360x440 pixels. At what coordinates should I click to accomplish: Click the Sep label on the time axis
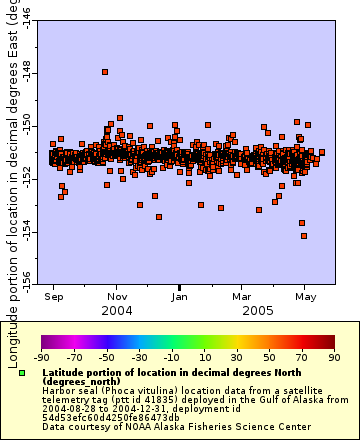[x=55, y=297]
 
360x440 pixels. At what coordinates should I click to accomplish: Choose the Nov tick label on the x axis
[x=117, y=297]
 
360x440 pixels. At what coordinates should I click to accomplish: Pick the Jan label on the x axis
[x=180, y=297]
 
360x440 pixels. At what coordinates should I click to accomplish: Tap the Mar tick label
[x=241, y=297]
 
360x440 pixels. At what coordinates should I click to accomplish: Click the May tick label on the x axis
[x=305, y=297]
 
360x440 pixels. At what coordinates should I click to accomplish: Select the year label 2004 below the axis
[x=117, y=311]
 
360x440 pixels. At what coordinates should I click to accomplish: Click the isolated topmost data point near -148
[x=105, y=72]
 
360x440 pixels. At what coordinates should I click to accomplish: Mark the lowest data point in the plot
[x=305, y=236]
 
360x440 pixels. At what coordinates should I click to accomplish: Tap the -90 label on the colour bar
[x=41, y=356]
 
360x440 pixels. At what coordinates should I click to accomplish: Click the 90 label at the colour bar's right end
[x=333, y=356]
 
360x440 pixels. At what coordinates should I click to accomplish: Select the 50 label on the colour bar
[x=268, y=356]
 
